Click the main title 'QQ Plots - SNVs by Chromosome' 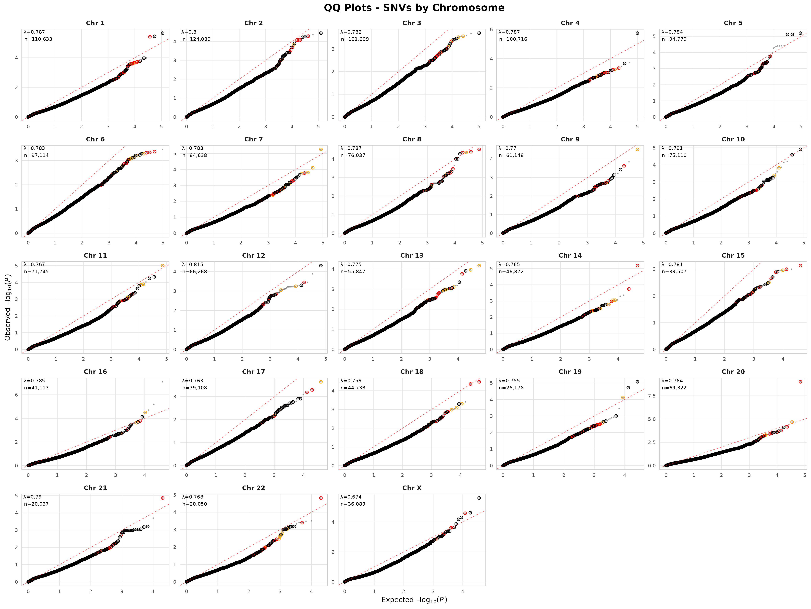click(x=414, y=8)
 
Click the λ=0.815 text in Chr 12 click(x=192, y=264)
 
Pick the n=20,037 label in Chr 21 click(x=36, y=504)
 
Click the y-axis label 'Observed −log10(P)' click(x=8, y=307)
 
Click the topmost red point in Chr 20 click(x=800, y=382)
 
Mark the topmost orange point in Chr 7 click(x=321, y=149)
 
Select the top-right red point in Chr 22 click(x=321, y=498)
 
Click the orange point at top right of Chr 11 click(x=162, y=265)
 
